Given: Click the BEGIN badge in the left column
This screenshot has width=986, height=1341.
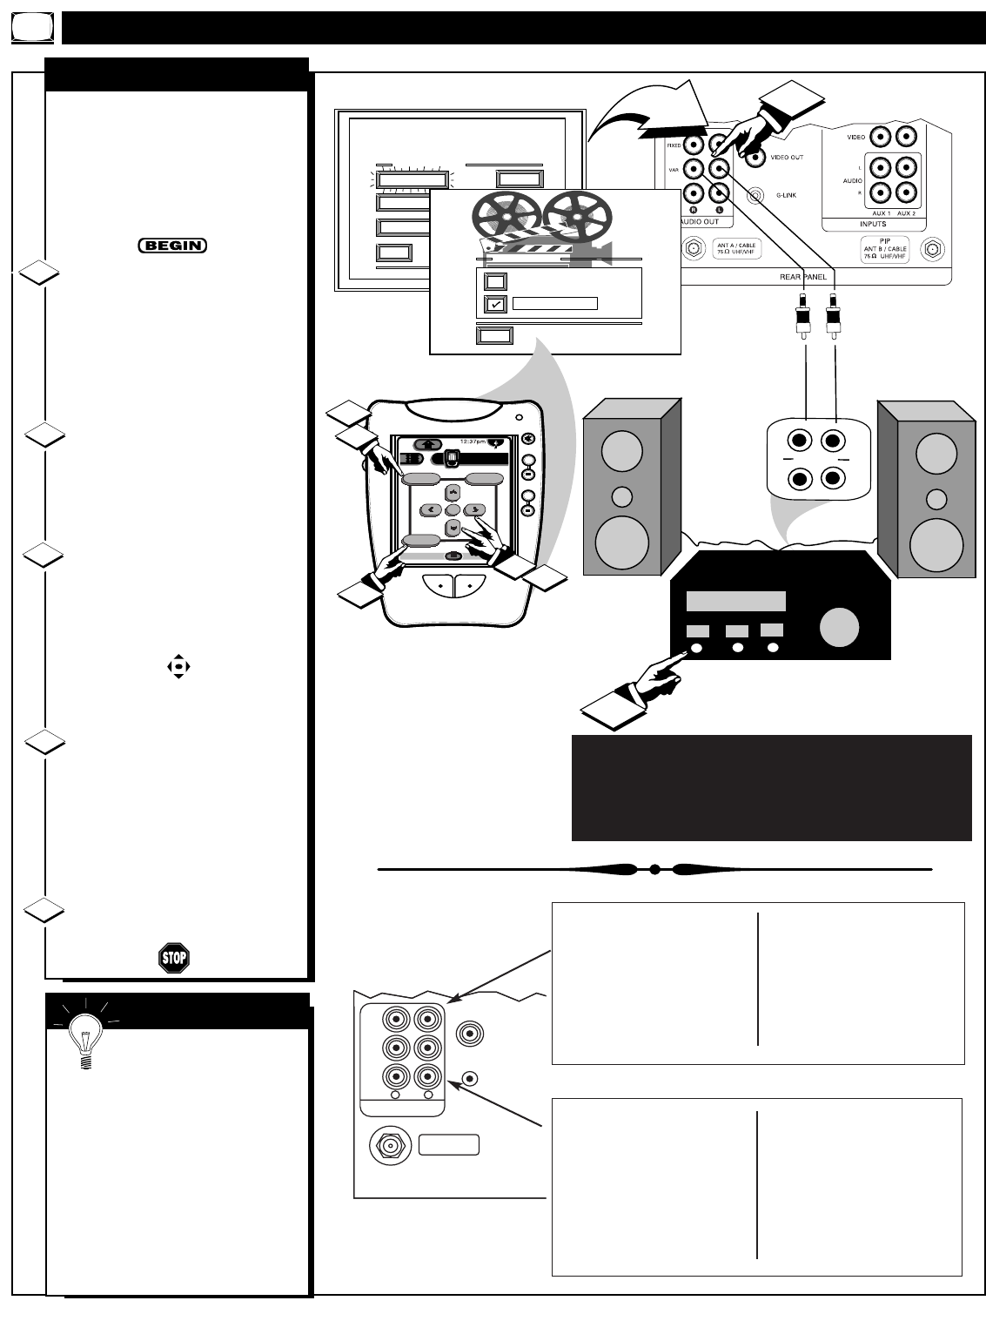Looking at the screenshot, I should pyautogui.click(x=172, y=246).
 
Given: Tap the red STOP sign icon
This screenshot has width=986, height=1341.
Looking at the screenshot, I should pyautogui.click(x=174, y=958).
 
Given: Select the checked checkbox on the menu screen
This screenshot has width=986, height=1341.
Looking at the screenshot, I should pyautogui.click(x=495, y=304).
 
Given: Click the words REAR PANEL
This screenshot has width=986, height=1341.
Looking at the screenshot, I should pyautogui.click(x=803, y=277).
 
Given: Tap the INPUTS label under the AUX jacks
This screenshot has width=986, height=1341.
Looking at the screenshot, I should pyautogui.click(x=873, y=224).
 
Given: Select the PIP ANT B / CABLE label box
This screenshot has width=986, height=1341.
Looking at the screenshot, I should pyautogui.click(x=885, y=249).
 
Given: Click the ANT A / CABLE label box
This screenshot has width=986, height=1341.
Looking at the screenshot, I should pyautogui.click(x=736, y=249).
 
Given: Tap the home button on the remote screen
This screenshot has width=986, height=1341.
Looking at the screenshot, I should pyautogui.click(x=427, y=444).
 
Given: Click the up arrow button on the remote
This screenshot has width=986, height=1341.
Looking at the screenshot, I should pyautogui.click(x=453, y=493).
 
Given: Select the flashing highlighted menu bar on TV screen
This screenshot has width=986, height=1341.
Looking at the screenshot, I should pyautogui.click(x=413, y=180).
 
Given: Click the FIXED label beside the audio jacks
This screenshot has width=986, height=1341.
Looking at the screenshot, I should pyautogui.click(x=674, y=145).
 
